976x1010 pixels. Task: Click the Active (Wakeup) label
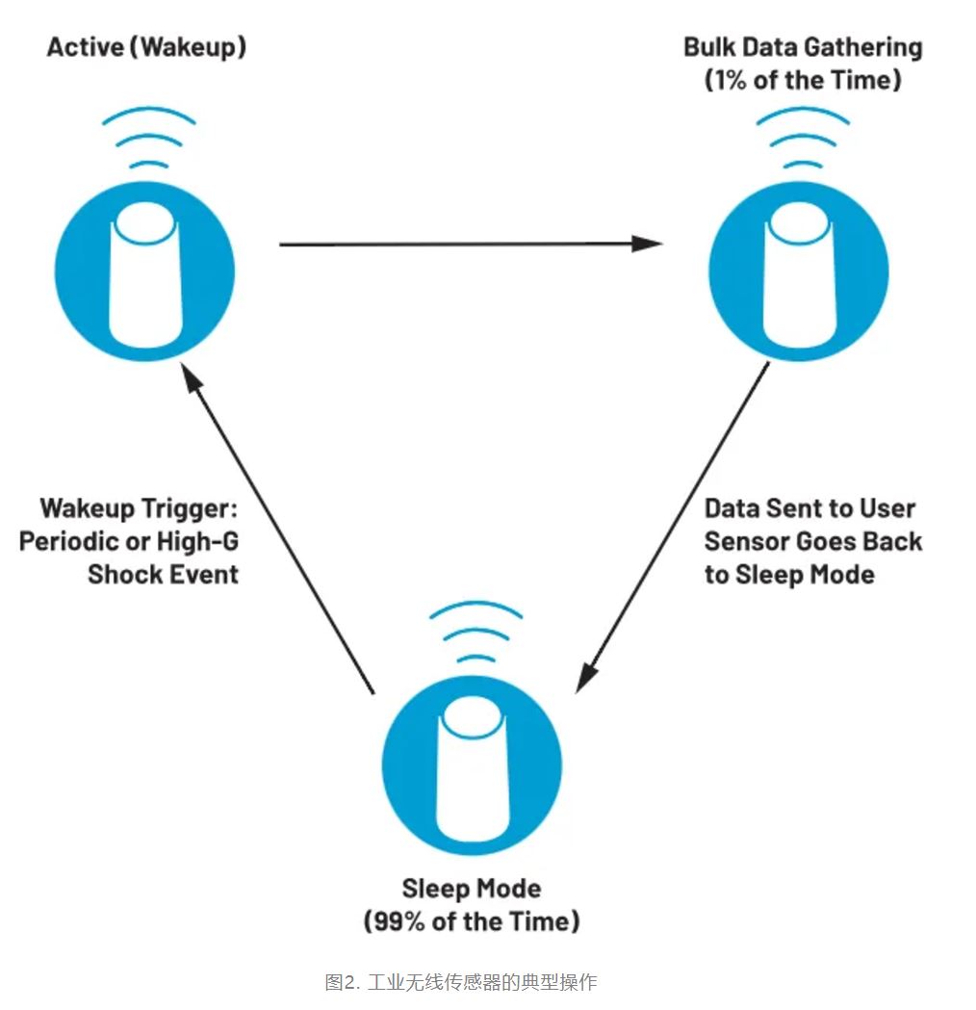[146, 47]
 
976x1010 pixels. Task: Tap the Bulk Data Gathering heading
[803, 47]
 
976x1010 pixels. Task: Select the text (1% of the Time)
[803, 79]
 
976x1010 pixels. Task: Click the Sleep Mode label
[472, 887]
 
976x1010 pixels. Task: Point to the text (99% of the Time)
[472, 920]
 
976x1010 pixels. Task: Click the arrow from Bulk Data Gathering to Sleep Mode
[674, 525]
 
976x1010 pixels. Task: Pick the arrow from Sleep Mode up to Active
[279, 530]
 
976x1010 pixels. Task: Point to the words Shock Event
[164, 574]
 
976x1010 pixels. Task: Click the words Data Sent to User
[810, 507]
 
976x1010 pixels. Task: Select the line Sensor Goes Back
[813, 540]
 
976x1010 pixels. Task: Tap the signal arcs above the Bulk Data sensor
[803, 144]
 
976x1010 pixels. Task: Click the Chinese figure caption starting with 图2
[461, 982]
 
